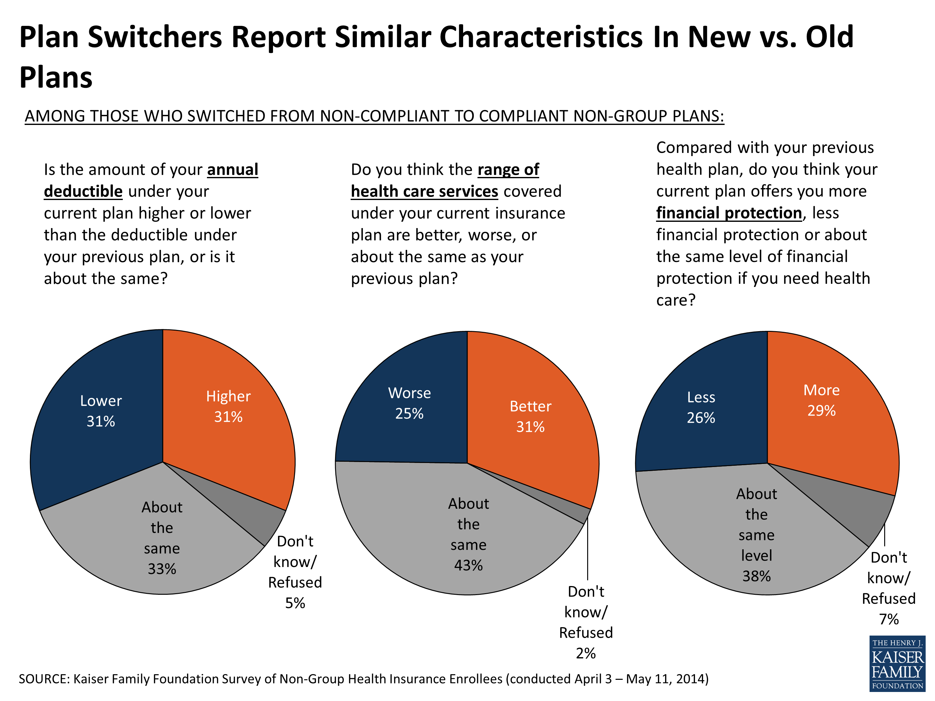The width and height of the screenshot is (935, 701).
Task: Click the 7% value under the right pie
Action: [889, 619]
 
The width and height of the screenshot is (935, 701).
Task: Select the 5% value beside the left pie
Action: [295, 603]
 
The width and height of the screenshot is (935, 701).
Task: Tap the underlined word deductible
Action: [83, 191]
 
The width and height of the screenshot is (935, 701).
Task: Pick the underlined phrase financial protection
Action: [729, 213]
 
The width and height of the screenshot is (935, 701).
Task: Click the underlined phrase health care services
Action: [424, 191]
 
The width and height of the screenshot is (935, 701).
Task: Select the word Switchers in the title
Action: [155, 37]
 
